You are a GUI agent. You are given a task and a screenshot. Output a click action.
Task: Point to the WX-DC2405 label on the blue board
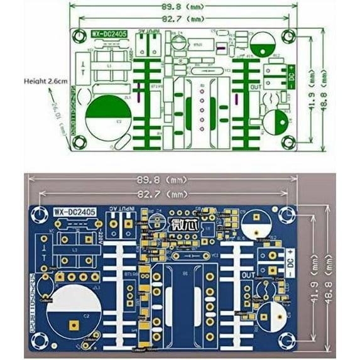point(74,213)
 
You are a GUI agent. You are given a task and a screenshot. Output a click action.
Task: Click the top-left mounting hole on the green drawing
point(79,35)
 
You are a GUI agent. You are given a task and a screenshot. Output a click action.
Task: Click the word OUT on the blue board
point(249,275)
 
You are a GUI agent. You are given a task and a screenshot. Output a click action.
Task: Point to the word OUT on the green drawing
point(256,87)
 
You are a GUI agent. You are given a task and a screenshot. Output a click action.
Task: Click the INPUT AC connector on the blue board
point(121,222)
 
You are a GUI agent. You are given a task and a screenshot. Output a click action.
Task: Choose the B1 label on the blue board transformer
point(184,274)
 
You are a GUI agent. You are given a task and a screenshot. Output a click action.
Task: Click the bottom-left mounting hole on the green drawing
point(79,143)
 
